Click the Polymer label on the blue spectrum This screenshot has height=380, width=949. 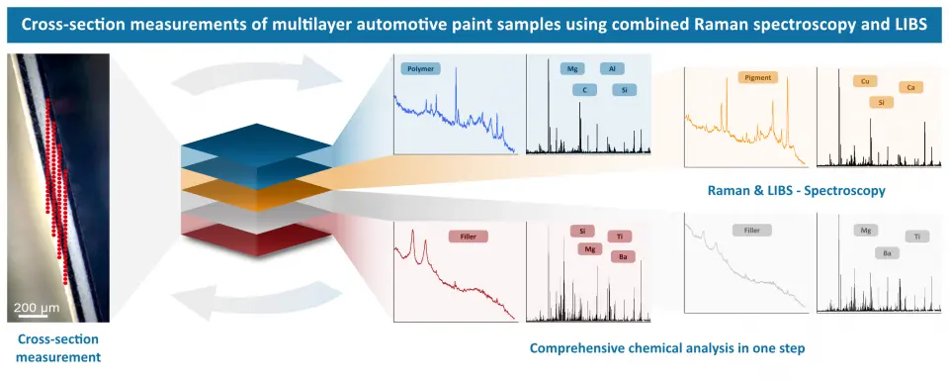[420, 68]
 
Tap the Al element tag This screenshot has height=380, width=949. [612, 68]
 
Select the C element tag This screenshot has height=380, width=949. [584, 90]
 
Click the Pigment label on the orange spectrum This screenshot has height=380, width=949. [758, 77]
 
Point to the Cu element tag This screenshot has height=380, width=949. [865, 80]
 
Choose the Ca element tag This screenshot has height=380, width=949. [910, 88]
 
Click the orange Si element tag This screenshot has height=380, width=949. [881, 103]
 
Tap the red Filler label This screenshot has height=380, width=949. [468, 237]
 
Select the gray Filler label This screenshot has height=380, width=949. [751, 231]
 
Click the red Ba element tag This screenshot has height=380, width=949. [623, 257]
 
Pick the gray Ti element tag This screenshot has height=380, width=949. [917, 237]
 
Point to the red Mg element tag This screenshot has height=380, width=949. [589, 248]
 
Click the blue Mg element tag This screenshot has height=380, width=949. [572, 68]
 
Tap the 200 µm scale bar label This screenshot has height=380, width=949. [37, 308]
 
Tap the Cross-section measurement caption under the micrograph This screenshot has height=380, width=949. [58, 348]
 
